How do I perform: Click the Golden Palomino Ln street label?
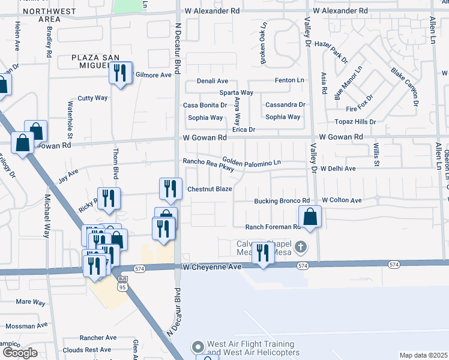(x=252, y=161)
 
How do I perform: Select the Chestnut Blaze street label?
(x=209, y=189)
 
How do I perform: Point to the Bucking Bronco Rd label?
(x=282, y=200)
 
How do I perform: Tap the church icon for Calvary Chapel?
(x=301, y=246)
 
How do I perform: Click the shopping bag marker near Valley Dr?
(x=310, y=217)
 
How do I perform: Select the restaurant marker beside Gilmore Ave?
(x=121, y=73)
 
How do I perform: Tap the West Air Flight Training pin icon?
(x=197, y=347)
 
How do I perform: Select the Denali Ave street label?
(x=213, y=81)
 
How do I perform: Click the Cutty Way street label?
(x=92, y=98)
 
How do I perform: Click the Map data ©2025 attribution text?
(x=423, y=355)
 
